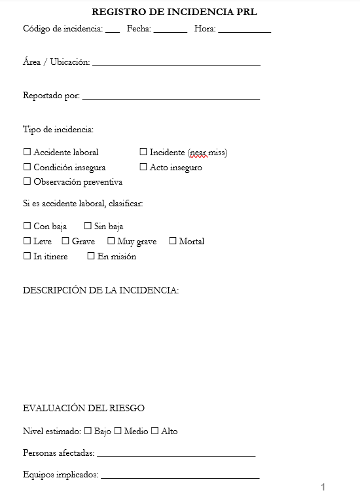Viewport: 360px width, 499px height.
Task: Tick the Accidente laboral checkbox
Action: coord(27,152)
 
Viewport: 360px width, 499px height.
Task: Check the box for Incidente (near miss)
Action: coord(143,152)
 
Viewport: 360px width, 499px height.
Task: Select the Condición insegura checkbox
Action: coord(27,167)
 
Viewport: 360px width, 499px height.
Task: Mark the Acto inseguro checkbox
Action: coord(143,167)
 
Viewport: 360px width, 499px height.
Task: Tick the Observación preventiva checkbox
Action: coord(27,181)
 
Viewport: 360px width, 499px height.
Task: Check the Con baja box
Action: coord(27,226)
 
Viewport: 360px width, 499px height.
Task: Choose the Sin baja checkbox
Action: coord(88,226)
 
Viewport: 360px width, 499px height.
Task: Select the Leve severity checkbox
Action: coord(27,241)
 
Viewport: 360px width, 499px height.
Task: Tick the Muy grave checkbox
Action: coord(111,241)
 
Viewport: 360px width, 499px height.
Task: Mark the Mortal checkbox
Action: coord(173,241)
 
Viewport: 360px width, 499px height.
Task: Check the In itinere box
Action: coord(27,256)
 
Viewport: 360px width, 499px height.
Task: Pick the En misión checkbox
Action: coord(91,256)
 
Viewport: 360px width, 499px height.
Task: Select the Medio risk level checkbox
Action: coord(118,431)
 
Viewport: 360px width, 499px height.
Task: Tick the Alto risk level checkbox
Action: coord(155,431)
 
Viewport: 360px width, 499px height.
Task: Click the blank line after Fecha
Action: coord(170,30)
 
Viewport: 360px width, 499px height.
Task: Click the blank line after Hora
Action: coord(244,30)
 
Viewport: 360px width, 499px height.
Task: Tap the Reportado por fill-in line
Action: coord(171,98)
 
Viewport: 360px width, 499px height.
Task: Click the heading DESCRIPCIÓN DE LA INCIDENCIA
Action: coord(101,290)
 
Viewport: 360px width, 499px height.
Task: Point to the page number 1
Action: coord(323,487)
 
